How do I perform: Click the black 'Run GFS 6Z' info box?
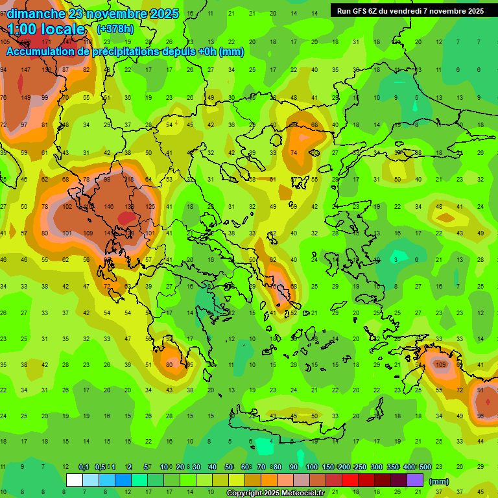(x=410, y=10)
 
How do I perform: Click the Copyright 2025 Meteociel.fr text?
(x=284, y=493)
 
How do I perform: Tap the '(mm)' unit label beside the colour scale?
(x=438, y=481)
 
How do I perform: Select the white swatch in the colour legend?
(x=75, y=480)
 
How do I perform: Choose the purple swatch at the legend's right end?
(x=415, y=480)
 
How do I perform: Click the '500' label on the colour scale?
(x=425, y=467)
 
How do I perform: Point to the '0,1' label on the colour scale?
(x=84, y=467)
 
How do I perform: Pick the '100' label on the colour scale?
(x=311, y=467)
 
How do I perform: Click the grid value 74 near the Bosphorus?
(x=294, y=153)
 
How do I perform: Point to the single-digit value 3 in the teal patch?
(x=396, y=259)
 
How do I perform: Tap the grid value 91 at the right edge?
(x=480, y=390)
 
